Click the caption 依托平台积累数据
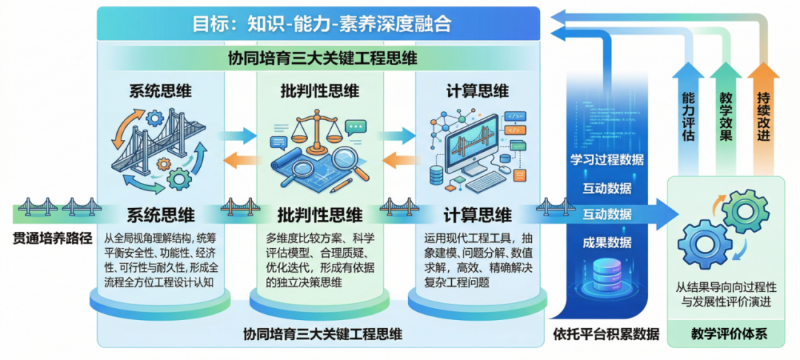(606, 334)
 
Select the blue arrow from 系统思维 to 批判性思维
(237, 136)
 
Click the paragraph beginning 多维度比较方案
(319, 259)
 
